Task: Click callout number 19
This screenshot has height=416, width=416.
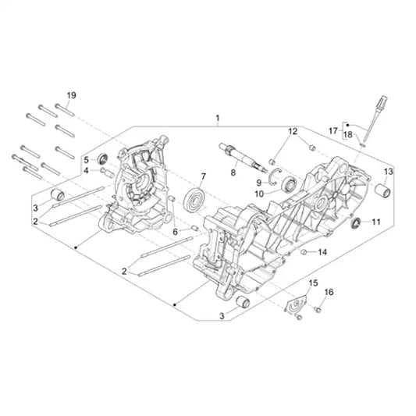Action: click(71, 95)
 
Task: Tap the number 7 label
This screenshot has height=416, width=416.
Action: click(203, 176)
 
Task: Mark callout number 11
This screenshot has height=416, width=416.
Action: click(375, 222)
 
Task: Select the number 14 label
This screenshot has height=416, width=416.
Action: click(323, 251)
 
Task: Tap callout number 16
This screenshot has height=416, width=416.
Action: click(328, 292)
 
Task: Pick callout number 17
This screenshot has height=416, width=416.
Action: click(332, 130)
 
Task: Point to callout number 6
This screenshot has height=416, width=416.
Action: click(176, 232)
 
